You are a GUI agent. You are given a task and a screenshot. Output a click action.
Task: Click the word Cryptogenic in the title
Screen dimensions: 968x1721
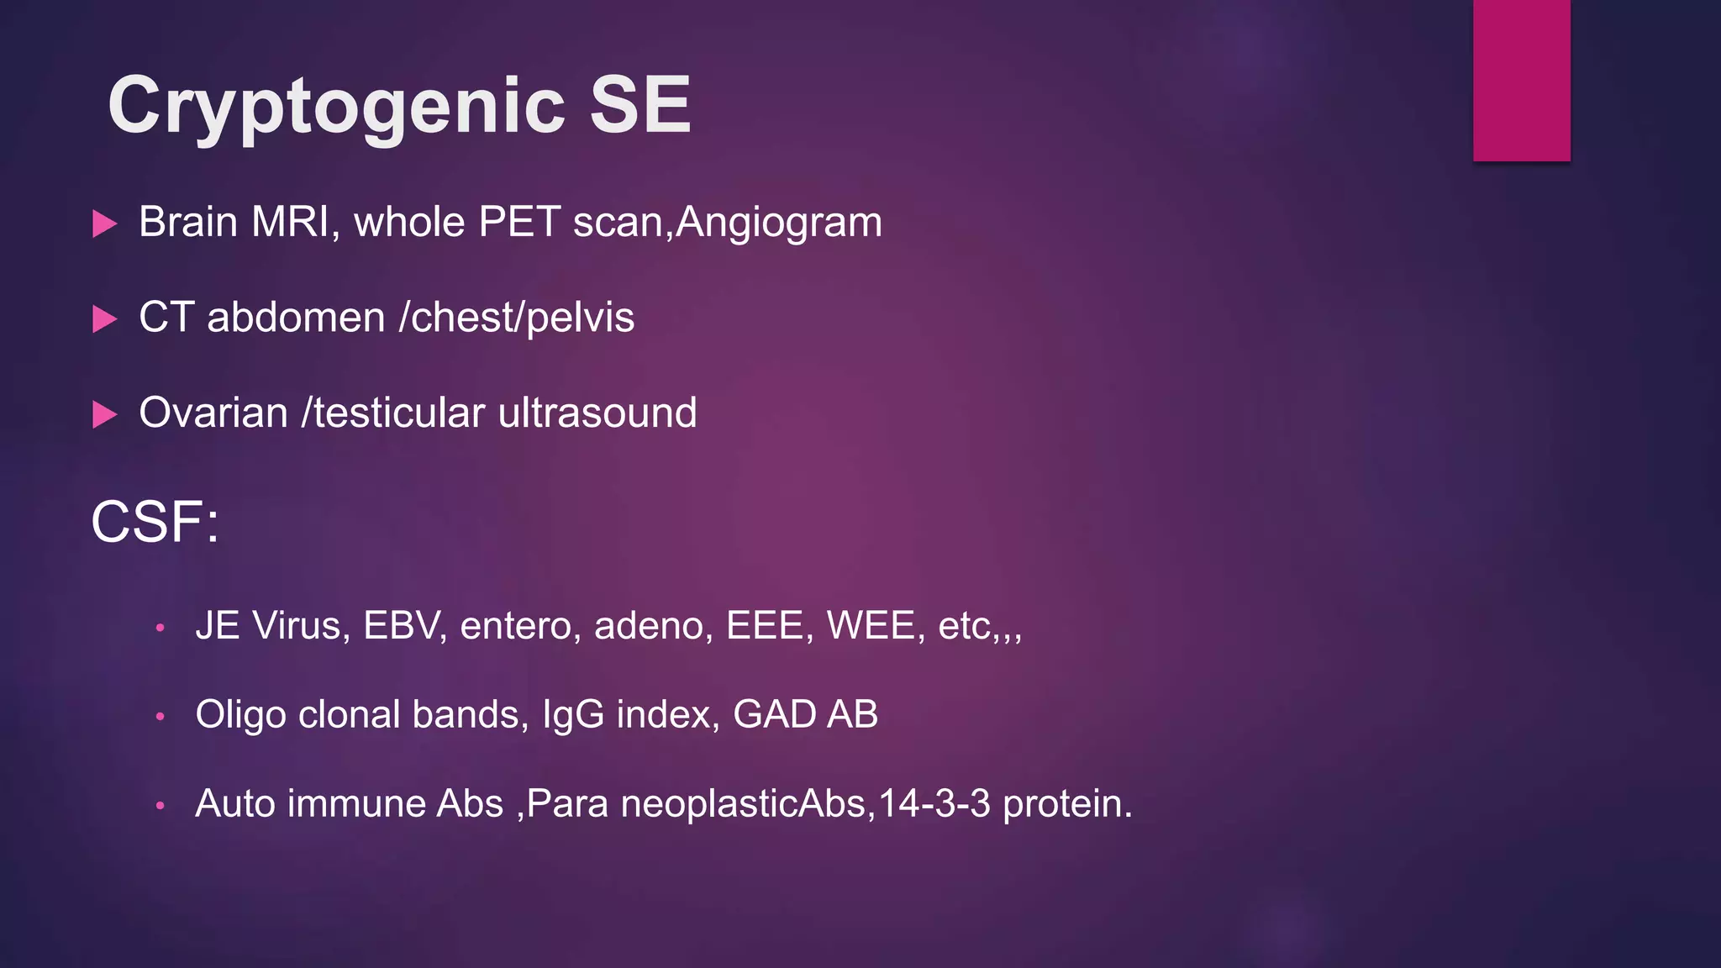coord(336,107)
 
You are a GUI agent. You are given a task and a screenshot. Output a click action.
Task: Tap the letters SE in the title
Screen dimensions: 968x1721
coord(640,105)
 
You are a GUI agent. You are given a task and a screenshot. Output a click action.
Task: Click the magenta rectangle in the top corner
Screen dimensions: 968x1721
coord(1521,80)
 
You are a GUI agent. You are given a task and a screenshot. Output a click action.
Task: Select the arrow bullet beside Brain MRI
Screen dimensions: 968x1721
coord(104,224)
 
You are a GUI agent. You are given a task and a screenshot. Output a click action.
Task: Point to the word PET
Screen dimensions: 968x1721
coord(519,223)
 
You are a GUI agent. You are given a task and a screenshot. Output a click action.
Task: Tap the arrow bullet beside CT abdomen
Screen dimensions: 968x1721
coord(104,319)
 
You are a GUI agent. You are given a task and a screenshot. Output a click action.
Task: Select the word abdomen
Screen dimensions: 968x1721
coord(296,318)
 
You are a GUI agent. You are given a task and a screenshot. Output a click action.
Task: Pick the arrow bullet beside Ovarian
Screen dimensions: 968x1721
coord(104,414)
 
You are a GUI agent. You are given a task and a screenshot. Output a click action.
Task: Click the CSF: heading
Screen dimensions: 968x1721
coord(155,522)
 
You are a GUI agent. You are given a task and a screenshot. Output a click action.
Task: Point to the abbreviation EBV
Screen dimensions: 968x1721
coord(403,626)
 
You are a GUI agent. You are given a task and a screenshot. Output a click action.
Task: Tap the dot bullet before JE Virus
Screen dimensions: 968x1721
coord(160,628)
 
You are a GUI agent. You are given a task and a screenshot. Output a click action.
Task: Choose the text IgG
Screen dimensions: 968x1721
coord(573,715)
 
